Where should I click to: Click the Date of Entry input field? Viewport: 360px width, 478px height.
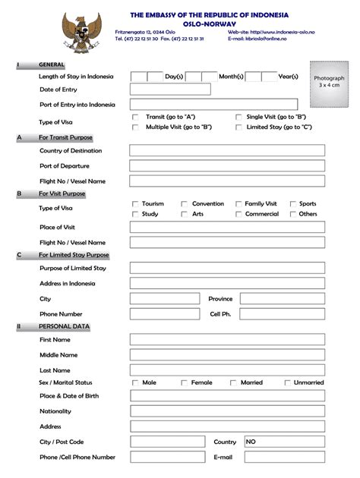(169, 90)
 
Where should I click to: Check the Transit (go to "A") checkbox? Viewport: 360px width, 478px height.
(136, 117)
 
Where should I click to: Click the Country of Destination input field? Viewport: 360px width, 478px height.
(226, 150)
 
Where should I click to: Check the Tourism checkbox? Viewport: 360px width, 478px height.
(135, 204)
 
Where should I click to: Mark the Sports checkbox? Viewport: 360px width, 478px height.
(292, 204)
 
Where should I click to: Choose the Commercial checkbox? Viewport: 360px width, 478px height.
(238, 215)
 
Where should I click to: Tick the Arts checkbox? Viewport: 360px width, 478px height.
(184, 215)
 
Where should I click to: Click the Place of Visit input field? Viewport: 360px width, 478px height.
(226, 228)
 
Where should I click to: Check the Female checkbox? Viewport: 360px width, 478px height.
(184, 383)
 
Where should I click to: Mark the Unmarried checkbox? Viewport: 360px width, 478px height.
(287, 383)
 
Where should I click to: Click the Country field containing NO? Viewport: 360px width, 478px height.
(283, 442)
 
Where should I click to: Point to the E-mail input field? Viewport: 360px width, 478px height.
(283, 458)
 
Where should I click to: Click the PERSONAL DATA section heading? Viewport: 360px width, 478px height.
(64, 327)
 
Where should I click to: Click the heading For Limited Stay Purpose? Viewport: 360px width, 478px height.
(74, 256)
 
